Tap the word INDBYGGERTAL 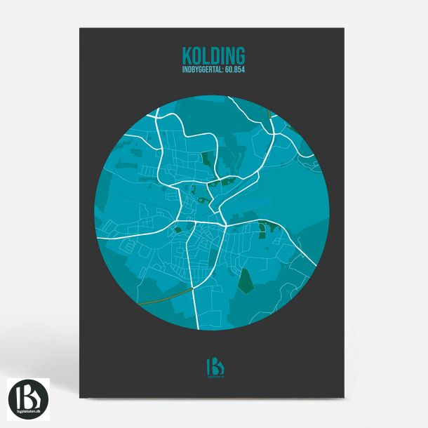coord(199,69)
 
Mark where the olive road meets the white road coord(193,287)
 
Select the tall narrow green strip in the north coord(206,159)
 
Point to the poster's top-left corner coord(80,28)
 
